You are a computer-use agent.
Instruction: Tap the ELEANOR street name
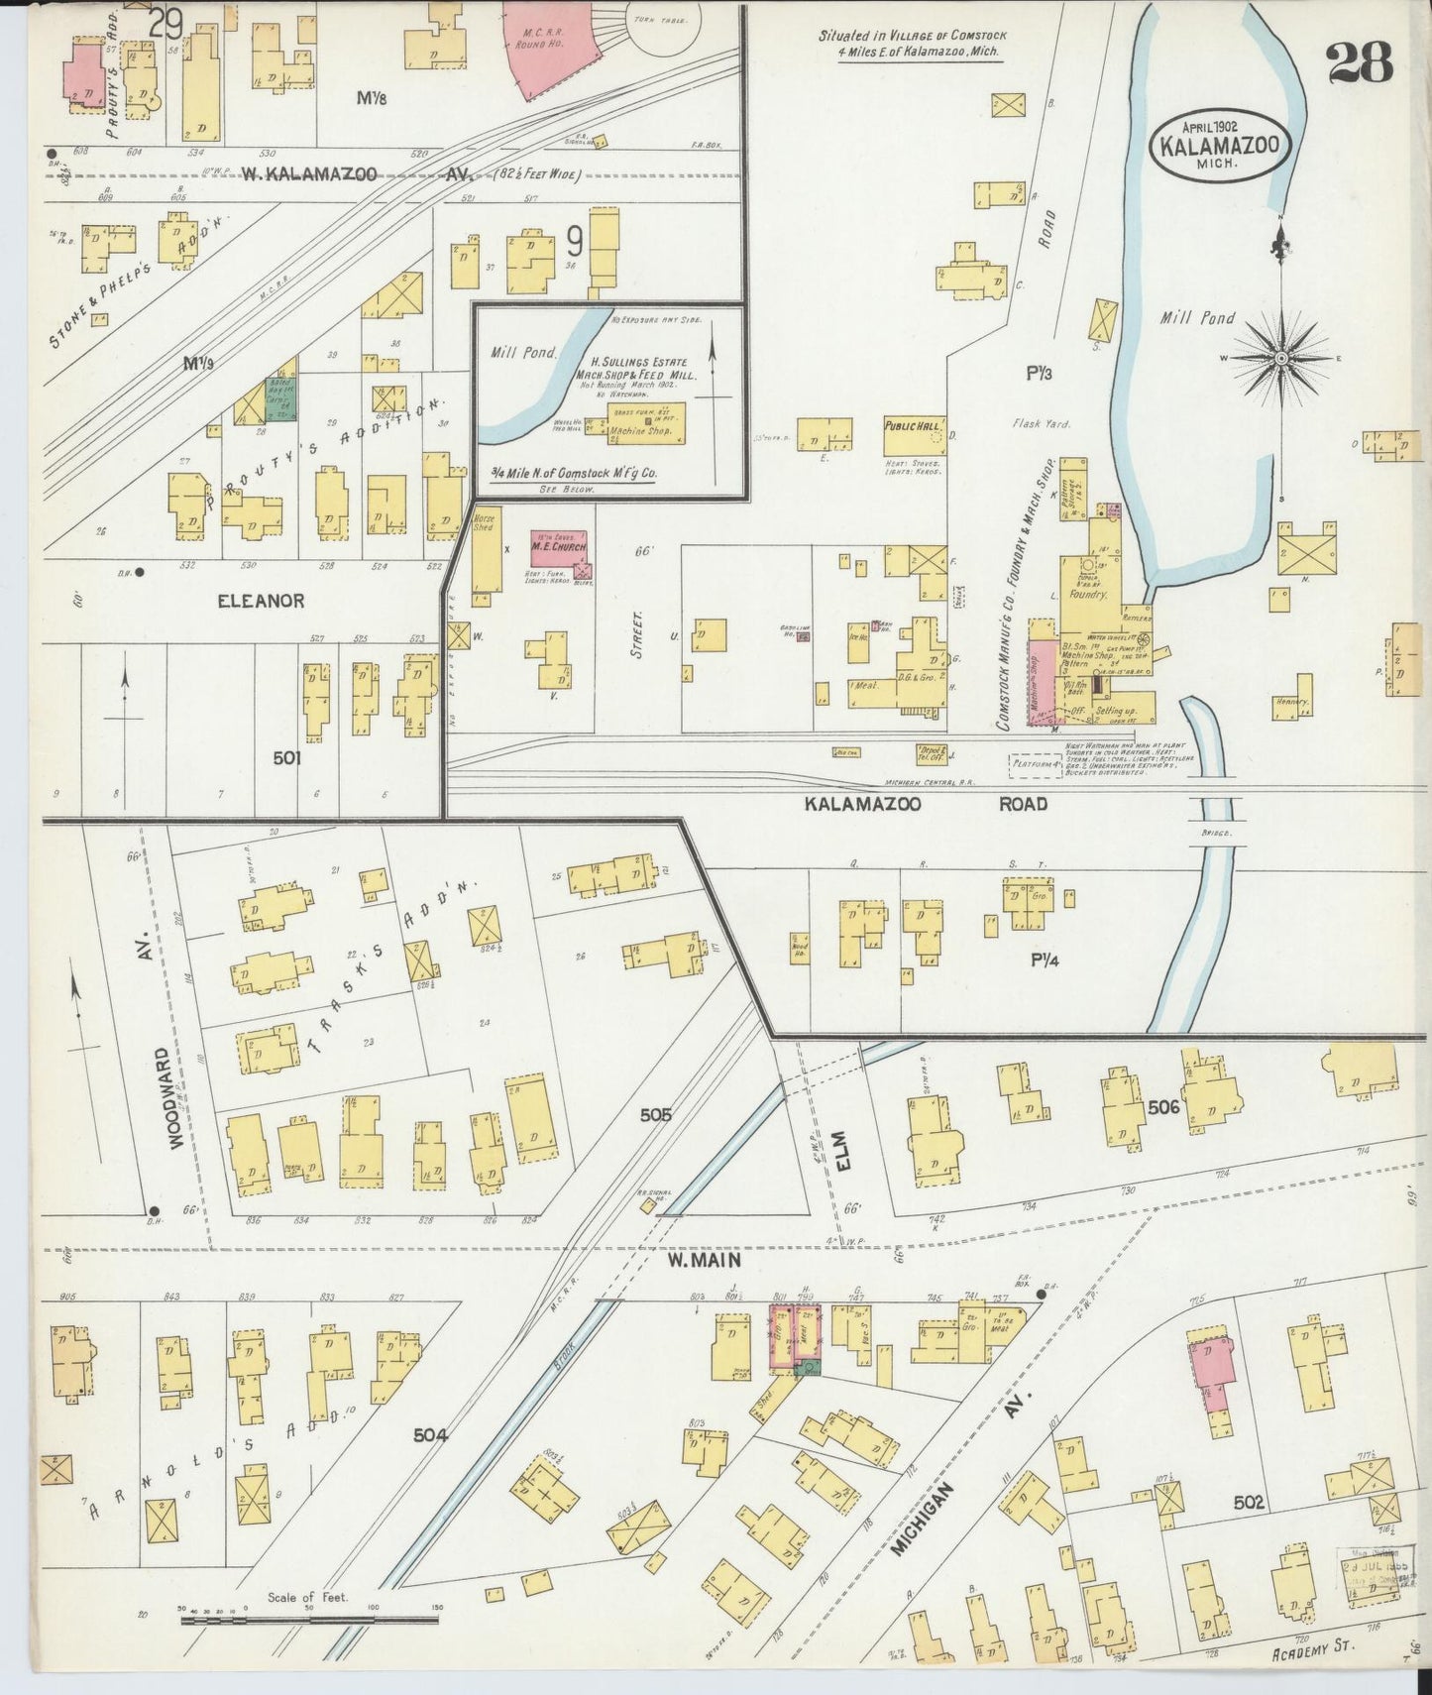click(261, 601)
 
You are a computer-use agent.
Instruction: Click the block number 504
click(431, 1434)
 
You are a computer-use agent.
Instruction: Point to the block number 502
click(1249, 1503)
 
